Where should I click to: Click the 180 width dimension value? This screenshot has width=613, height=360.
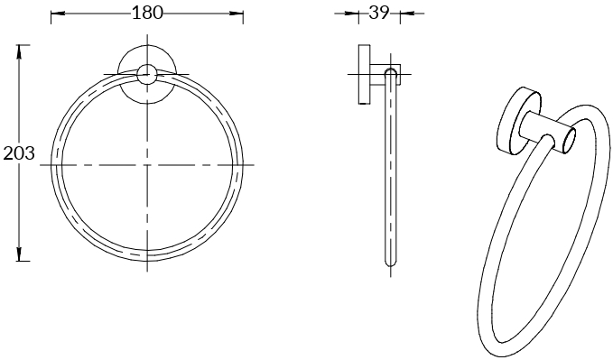pos(147,13)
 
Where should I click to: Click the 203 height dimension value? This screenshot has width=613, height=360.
pos(19,152)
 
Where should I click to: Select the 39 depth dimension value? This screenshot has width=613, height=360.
pos(379,13)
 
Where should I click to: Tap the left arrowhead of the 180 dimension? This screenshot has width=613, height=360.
pos(58,14)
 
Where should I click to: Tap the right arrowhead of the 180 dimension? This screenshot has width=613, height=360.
pos(237,14)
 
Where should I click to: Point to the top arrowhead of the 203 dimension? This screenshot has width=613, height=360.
pos(19,52)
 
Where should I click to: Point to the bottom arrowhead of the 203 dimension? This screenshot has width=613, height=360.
pos(19,254)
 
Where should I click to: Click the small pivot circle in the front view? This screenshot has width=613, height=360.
pos(147,74)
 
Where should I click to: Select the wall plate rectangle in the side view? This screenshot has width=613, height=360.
pos(365,74)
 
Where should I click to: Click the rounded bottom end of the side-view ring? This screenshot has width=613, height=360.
pos(391,263)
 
